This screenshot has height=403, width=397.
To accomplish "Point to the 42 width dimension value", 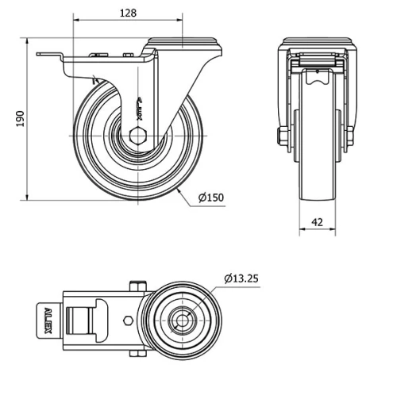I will (x=317, y=223).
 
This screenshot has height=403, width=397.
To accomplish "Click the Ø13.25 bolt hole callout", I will (x=241, y=278).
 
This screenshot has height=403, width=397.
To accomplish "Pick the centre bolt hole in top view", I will (x=183, y=320).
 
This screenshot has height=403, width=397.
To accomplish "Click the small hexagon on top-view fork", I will (x=130, y=320).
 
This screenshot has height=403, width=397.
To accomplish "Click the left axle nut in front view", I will (x=282, y=136).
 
